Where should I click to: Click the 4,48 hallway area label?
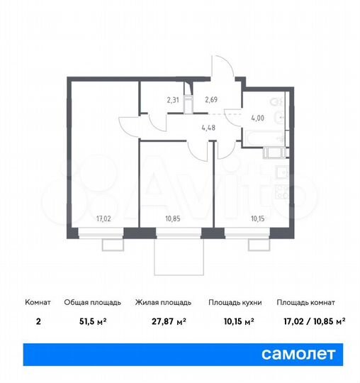coord(209,129)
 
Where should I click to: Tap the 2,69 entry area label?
coord(211,100)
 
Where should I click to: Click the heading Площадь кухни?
coord(235,302)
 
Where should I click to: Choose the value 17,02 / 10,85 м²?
coord(311,321)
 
